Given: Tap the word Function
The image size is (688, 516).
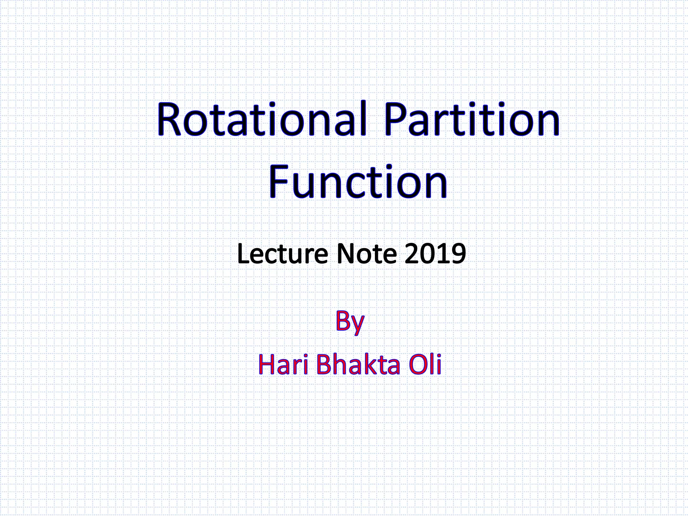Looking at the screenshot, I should [358, 182].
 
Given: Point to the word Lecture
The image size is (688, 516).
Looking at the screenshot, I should [282, 254].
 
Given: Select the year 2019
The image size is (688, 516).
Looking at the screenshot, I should [435, 254].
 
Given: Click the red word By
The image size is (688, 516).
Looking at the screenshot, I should [350, 321].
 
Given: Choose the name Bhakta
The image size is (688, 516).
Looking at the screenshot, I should [358, 365].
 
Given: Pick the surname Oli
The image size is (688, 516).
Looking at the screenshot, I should [425, 365].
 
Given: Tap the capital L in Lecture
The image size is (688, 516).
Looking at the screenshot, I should [243, 254].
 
